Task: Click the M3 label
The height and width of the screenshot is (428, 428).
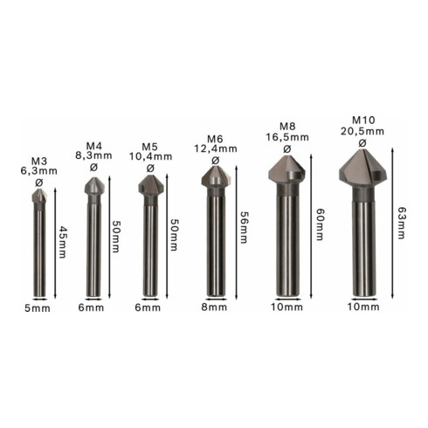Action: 39,161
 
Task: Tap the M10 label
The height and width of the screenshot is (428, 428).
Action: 362,119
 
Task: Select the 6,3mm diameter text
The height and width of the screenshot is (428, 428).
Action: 39,171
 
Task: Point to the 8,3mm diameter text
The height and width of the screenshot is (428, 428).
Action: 94,155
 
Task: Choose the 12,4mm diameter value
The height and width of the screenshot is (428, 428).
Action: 216,148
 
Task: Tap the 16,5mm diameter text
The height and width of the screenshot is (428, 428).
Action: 286,137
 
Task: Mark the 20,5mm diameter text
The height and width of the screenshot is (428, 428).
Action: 362,130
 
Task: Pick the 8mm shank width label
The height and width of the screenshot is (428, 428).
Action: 215,307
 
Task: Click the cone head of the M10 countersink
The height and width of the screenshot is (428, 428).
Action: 361,170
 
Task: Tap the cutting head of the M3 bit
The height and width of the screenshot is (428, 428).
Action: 39,198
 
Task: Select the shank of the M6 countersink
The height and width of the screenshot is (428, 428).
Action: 215,245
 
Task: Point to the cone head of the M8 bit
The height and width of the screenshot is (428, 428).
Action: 286,169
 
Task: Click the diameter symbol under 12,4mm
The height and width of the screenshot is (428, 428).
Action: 216,160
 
